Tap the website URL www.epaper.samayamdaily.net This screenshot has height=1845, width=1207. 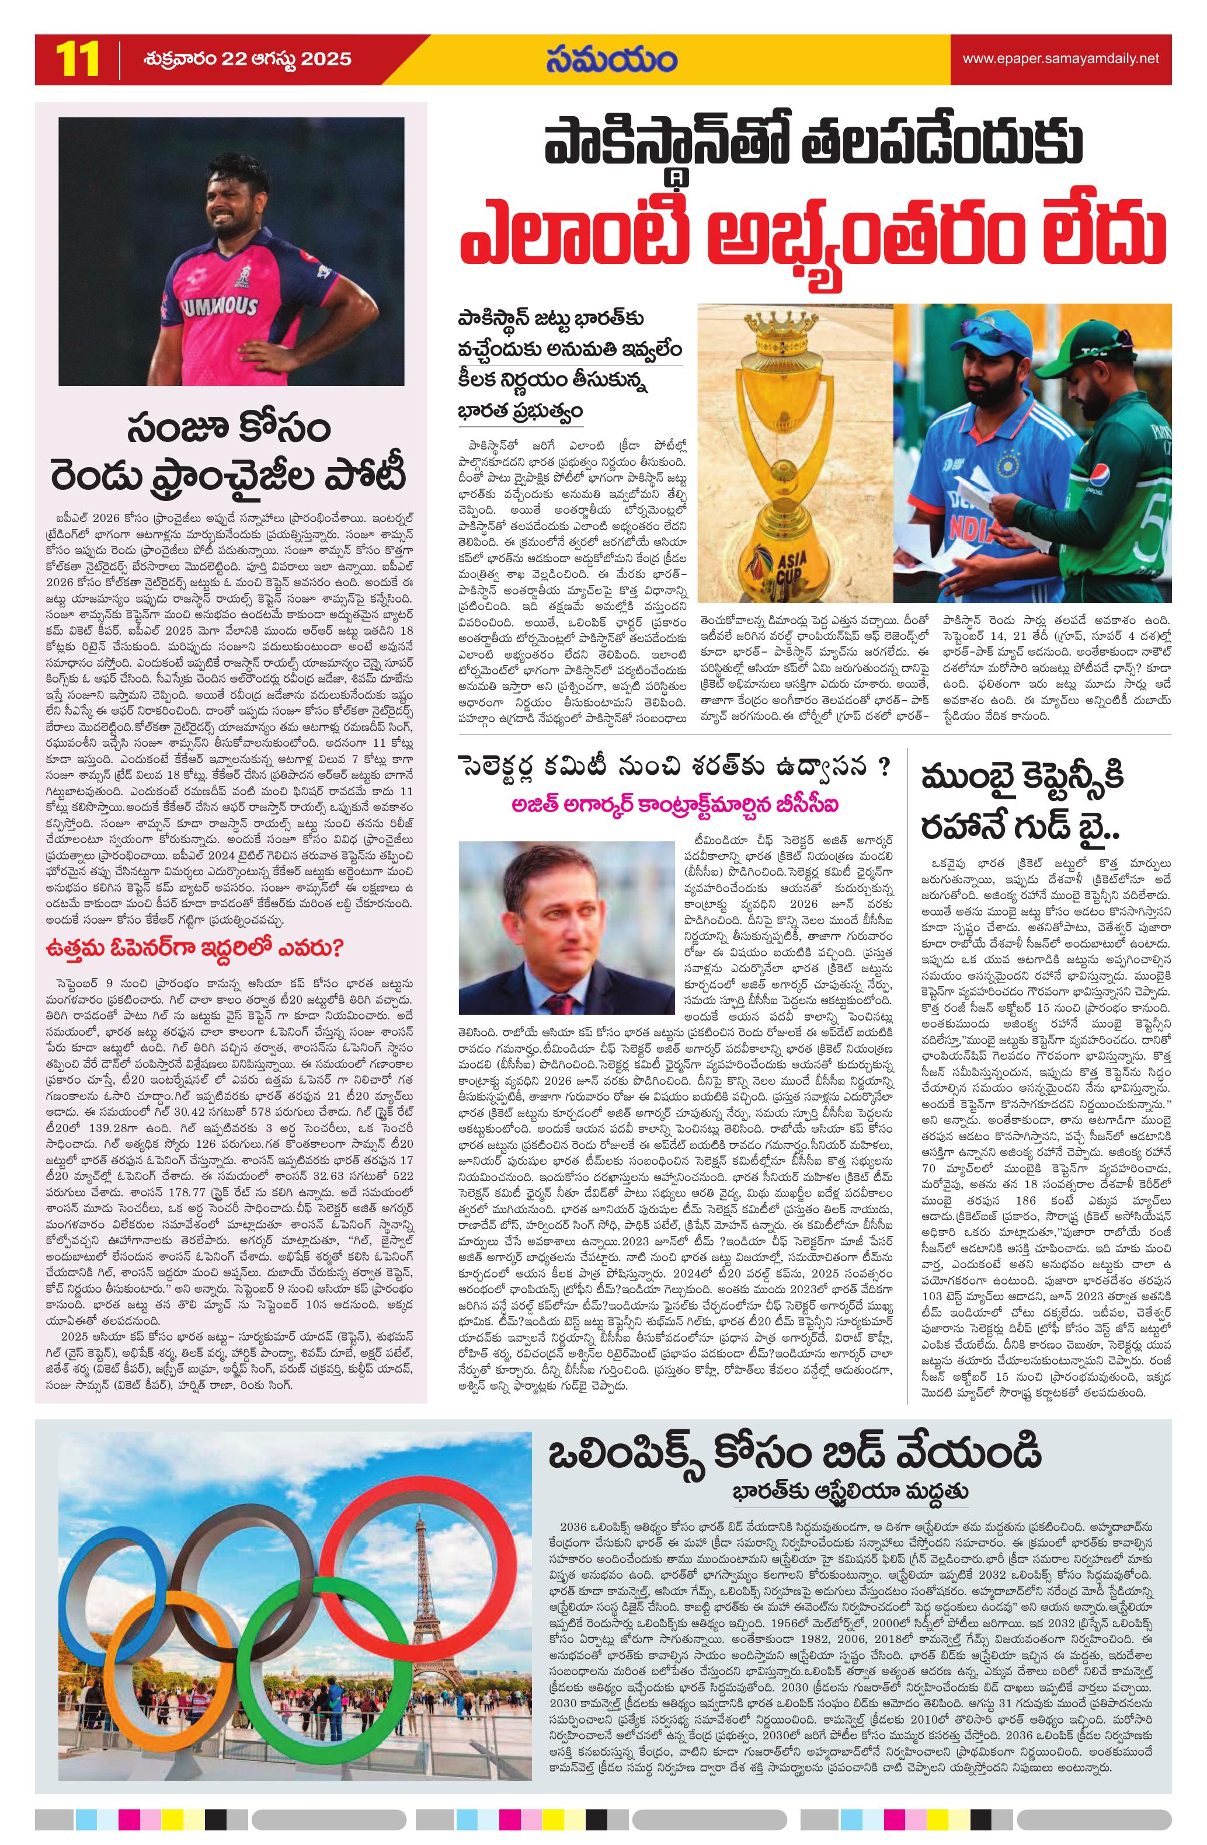click(x=1060, y=58)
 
